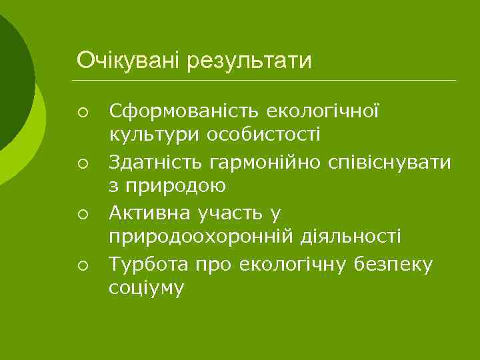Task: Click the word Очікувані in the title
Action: [x=129, y=61]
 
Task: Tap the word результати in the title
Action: [x=249, y=61]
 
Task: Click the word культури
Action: [x=155, y=135]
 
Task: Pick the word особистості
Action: [x=263, y=135]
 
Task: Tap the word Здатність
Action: [x=156, y=163]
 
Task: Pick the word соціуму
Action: [x=145, y=289]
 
